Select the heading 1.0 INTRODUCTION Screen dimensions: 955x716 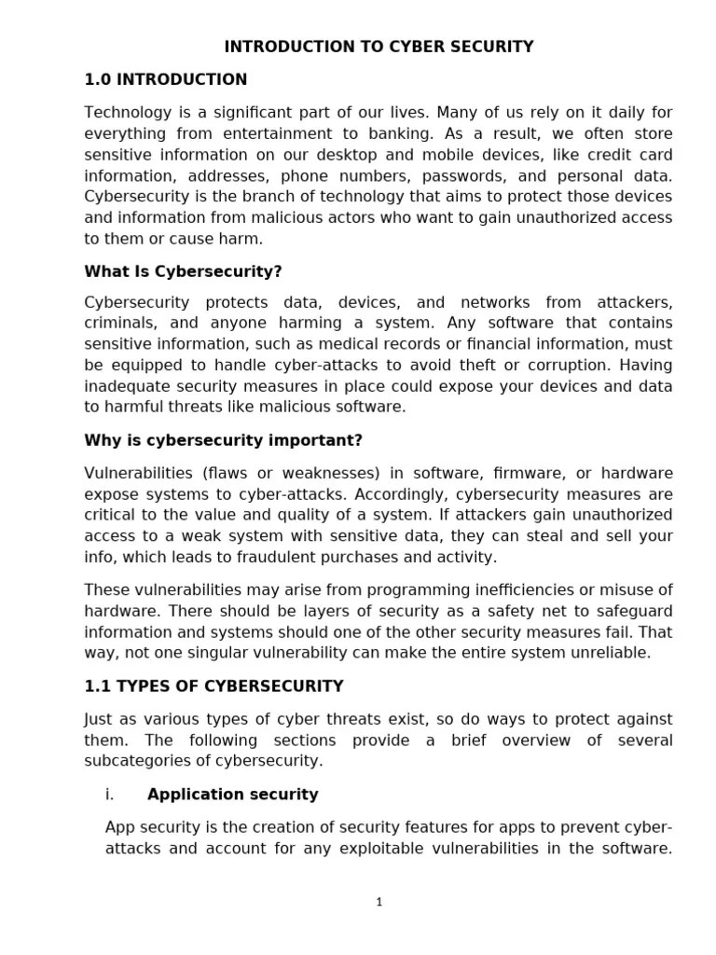[166, 79]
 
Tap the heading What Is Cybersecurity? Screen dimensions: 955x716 [183, 271]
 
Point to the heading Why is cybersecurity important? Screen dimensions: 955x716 [223, 440]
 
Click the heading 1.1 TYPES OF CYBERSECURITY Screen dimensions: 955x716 [213, 686]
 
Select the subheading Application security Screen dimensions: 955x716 [232, 795]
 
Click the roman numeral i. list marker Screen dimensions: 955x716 [109, 795]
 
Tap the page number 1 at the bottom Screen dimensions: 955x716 [379, 901]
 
